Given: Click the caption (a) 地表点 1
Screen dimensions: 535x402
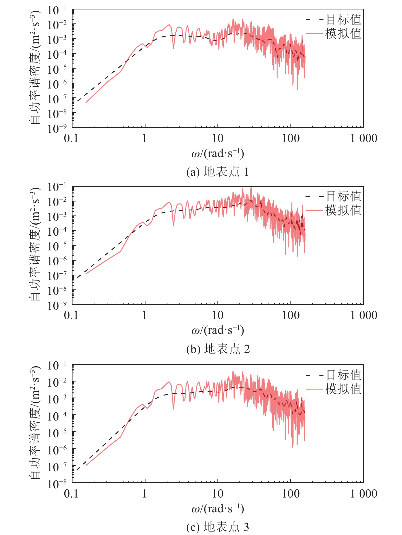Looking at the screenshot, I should pyautogui.click(x=217, y=172).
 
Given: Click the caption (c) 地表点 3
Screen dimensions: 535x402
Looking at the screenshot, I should pyautogui.click(x=217, y=527).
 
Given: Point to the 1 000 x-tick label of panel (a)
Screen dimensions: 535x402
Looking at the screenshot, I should pyautogui.click(x=363, y=138).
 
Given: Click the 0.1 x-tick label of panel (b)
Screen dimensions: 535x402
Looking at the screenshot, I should pyautogui.click(x=71, y=315).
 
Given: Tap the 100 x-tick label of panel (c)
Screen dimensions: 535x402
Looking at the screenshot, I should pyautogui.click(x=290, y=494).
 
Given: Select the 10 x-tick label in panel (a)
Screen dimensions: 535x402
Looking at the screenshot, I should pyautogui.click(x=217, y=138).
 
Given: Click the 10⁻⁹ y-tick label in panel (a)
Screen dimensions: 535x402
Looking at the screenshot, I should pyautogui.click(x=57, y=128).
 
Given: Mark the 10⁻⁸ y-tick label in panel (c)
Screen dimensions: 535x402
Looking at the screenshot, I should pyautogui.click(x=57, y=483).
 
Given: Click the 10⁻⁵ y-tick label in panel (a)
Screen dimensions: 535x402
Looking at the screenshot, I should pyautogui.click(x=57, y=69).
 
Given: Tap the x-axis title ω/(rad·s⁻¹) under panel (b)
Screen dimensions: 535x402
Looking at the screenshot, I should pyautogui.click(x=217, y=330).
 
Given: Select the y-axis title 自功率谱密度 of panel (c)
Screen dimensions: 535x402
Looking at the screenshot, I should pyautogui.click(x=35, y=423).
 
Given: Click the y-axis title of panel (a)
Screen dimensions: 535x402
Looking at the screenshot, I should pyautogui.click(x=35, y=68).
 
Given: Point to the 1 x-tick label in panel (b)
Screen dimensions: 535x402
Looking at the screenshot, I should pyautogui.click(x=144, y=315).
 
